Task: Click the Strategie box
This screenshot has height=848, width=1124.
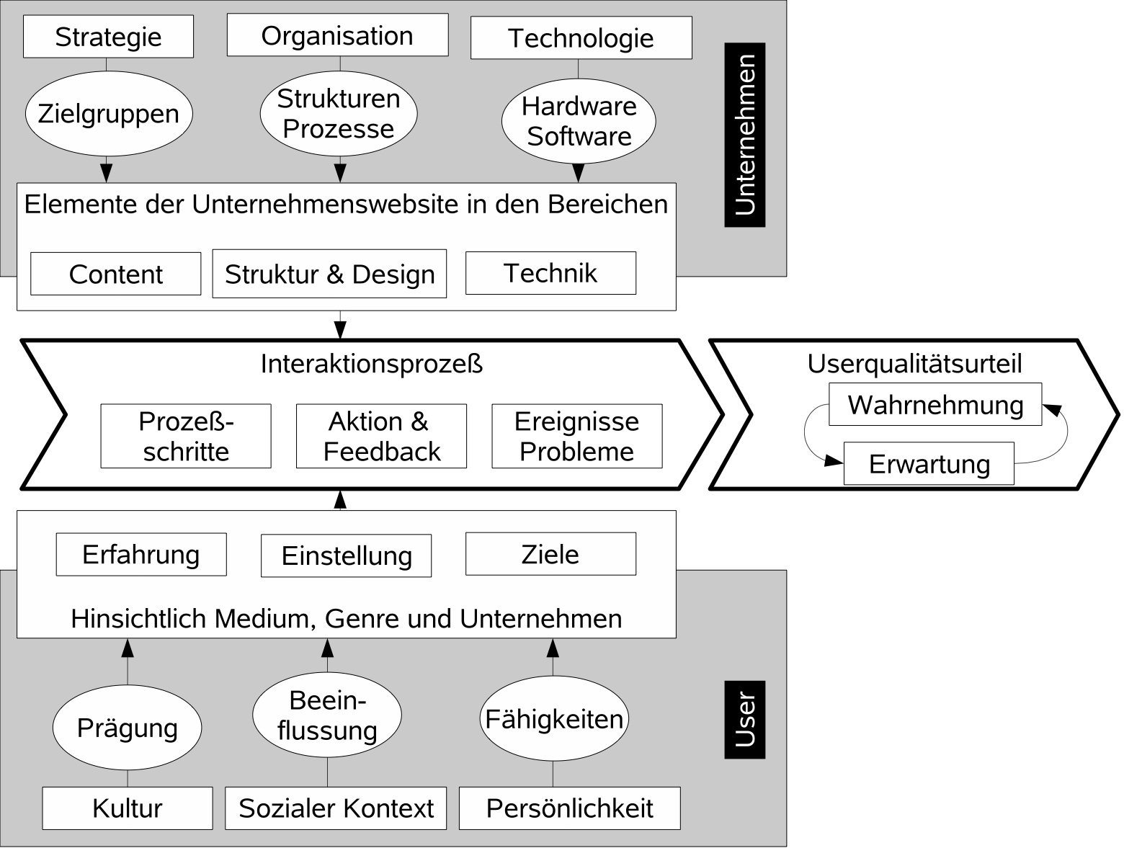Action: click(108, 37)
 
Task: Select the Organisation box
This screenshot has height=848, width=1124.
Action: click(337, 35)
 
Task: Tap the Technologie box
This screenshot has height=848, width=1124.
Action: click(581, 38)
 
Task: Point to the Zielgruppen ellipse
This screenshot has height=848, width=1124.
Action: click(108, 114)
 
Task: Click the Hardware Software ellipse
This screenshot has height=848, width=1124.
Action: click(579, 121)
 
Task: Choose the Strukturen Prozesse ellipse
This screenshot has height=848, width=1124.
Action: click(338, 114)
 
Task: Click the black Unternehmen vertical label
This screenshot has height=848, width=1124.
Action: click(744, 135)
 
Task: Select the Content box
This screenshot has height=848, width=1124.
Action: click(115, 274)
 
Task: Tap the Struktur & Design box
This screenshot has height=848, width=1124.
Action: click(329, 274)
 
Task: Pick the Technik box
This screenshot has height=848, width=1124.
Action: click(550, 273)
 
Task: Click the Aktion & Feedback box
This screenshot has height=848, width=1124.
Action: click(381, 436)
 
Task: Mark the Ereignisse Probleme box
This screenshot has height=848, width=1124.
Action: click(576, 436)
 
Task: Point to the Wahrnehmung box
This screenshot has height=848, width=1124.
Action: click(935, 404)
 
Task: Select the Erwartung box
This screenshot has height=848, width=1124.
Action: click(929, 463)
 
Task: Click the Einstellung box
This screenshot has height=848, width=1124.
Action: click(346, 555)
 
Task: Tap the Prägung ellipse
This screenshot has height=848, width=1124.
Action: click(127, 728)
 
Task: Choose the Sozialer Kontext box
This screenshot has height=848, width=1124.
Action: click(336, 808)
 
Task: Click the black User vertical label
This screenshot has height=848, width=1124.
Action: click(744, 719)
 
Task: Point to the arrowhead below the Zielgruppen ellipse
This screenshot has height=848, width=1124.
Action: click(107, 173)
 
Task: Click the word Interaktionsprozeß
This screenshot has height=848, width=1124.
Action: click(371, 364)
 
